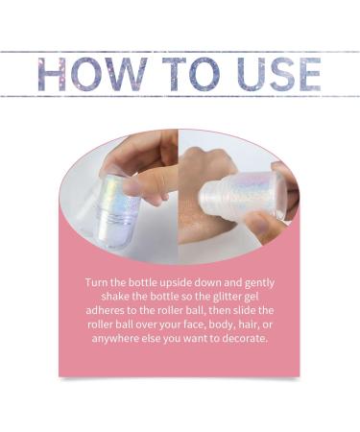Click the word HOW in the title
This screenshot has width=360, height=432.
pos(91,74)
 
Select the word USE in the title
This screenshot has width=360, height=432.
pos(275,74)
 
